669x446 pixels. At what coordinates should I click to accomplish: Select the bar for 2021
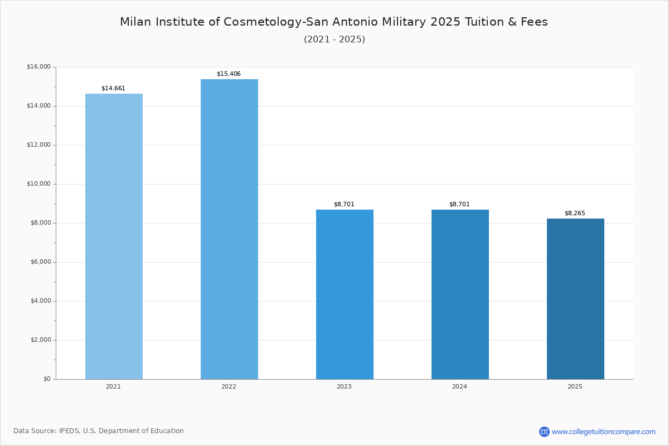click(114, 236)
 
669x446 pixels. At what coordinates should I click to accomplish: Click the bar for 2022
click(229, 229)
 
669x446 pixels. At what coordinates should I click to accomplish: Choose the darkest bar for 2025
click(575, 299)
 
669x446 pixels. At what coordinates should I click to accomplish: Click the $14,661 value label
click(113, 88)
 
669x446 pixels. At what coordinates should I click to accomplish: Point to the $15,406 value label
click(229, 74)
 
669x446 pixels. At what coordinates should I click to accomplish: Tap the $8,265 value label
click(575, 213)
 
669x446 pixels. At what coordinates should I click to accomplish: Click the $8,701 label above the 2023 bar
click(344, 204)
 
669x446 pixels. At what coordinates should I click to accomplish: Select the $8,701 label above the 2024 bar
click(459, 204)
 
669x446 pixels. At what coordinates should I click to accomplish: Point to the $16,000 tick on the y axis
click(38, 67)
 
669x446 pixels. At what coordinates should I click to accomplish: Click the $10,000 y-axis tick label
click(38, 184)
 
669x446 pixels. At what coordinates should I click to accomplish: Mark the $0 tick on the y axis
click(47, 379)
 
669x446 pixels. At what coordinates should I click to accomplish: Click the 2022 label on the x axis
click(229, 386)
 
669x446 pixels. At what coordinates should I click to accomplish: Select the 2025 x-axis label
click(575, 386)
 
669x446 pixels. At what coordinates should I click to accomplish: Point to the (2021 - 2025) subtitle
click(334, 39)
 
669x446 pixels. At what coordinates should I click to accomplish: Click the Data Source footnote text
click(99, 431)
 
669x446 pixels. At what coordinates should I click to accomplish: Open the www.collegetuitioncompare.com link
click(603, 432)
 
